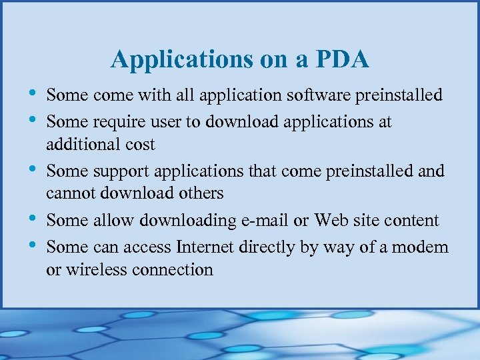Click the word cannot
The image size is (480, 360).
point(69,193)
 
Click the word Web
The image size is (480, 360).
point(331,220)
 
